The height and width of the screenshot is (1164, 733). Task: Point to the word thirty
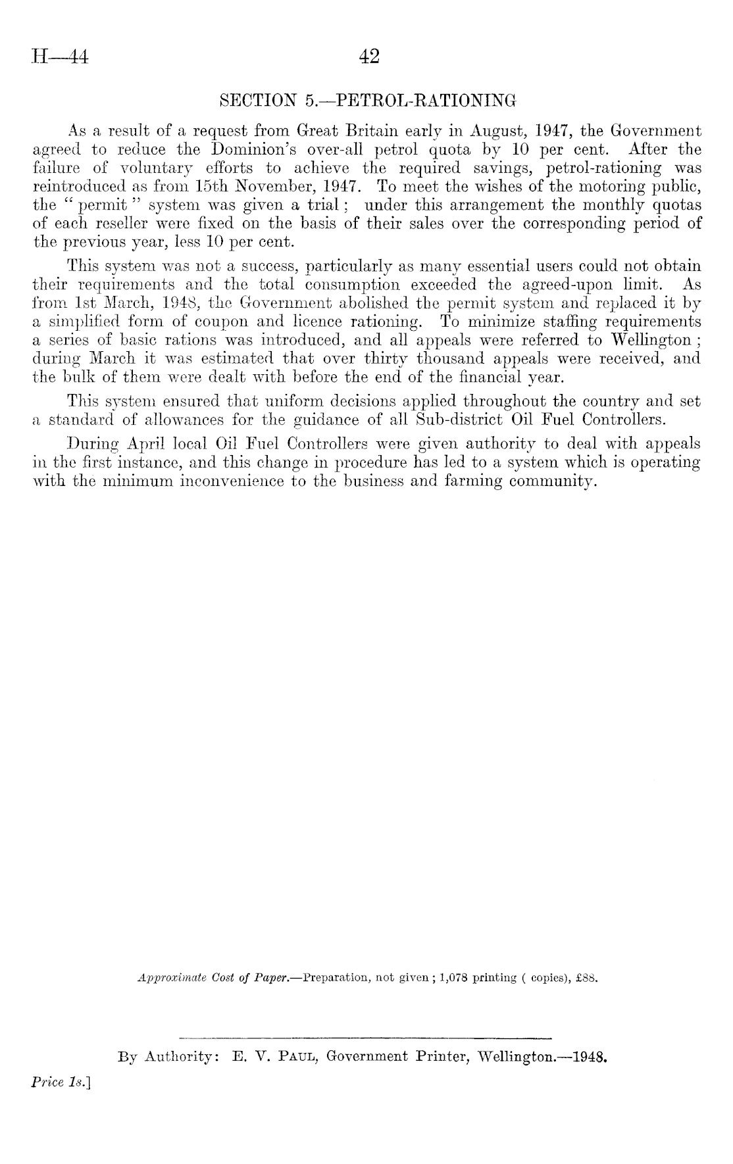pyautogui.click(x=386, y=359)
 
